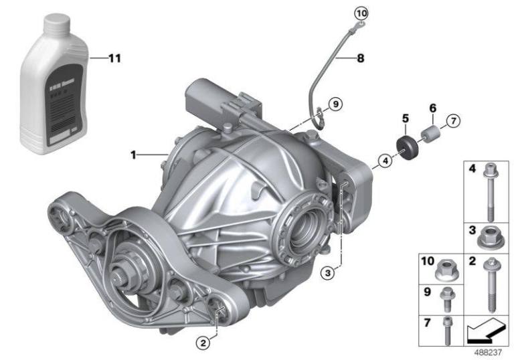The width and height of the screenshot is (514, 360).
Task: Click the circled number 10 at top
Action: tap(361, 13)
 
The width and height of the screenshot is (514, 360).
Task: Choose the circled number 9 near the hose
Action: tap(335, 104)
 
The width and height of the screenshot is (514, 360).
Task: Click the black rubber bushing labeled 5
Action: tap(406, 146)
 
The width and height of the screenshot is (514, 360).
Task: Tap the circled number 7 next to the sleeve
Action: tap(452, 121)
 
